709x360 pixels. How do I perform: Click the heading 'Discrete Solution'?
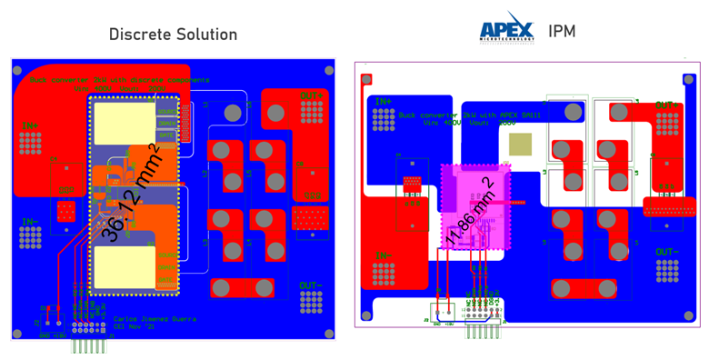click(x=173, y=35)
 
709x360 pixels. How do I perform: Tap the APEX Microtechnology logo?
click(x=507, y=28)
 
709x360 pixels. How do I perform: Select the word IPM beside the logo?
click(x=562, y=32)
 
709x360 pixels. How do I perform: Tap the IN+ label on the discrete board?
click(x=31, y=125)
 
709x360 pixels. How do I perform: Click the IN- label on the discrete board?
click(x=31, y=222)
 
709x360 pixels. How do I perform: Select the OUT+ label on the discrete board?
click(x=312, y=95)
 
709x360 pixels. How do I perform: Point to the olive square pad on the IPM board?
click(x=520, y=144)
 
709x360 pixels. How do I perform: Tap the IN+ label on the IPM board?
click(x=384, y=101)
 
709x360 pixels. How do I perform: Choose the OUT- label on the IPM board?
click(x=666, y=252)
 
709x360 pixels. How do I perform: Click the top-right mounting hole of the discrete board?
click(x=326, y=69)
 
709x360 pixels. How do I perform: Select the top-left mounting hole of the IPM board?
click(x=366, y=79)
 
